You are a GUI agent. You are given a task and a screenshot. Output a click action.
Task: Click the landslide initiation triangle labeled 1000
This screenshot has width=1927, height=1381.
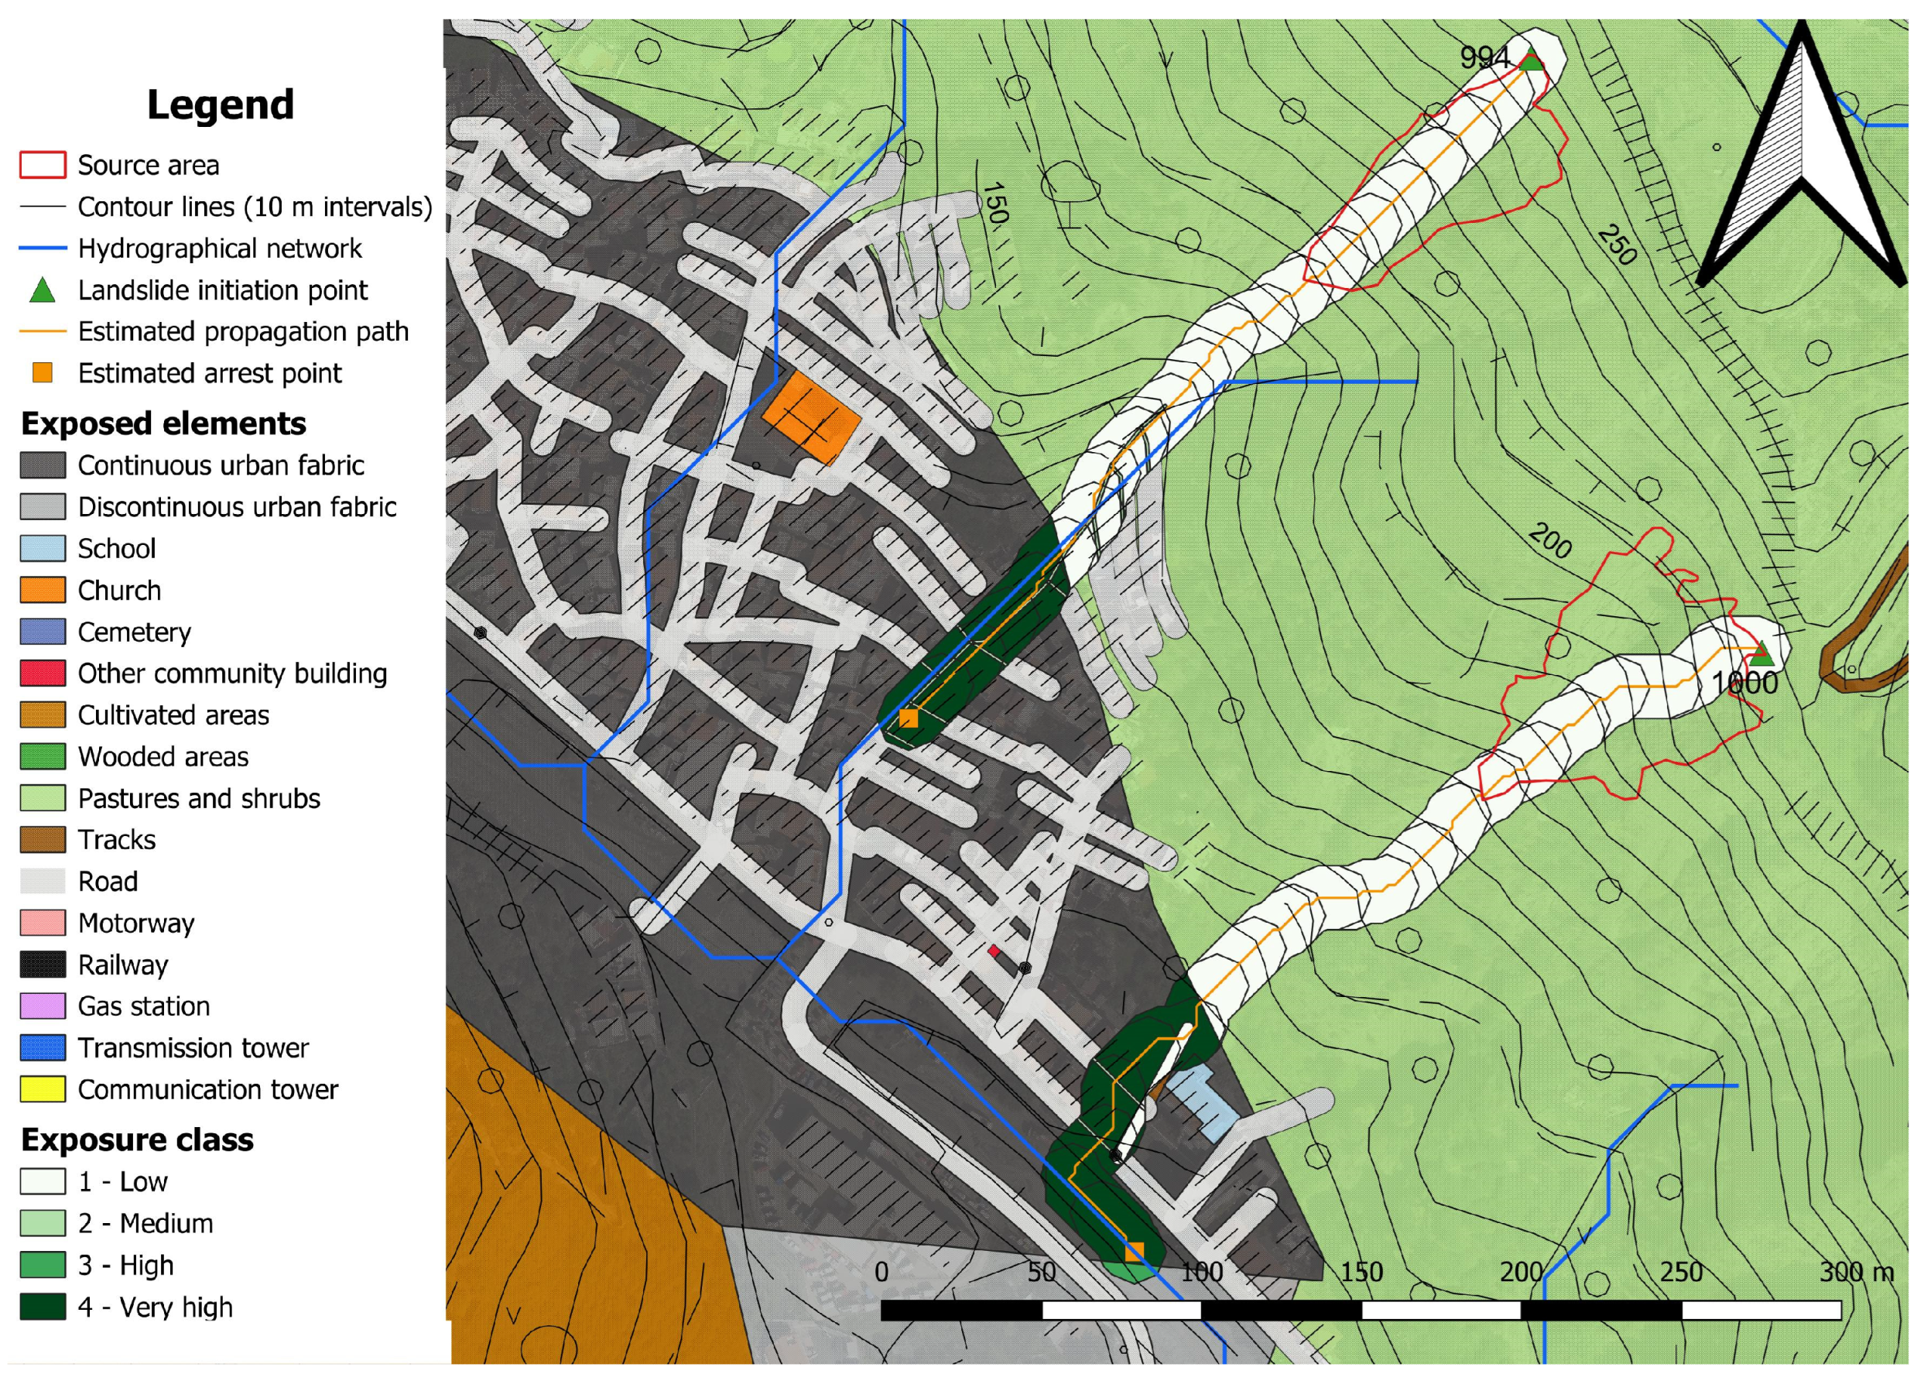tap(1761, 653)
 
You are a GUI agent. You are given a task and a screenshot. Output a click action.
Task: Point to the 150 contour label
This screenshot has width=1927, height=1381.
tap(995, 203)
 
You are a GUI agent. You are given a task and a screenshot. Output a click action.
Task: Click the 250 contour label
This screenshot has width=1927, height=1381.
tap(1616, 245)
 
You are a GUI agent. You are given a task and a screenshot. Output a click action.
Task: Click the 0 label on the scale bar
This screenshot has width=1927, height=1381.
tap(882, 1272)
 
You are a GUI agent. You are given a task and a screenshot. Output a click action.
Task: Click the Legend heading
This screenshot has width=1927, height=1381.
tap(220, 105)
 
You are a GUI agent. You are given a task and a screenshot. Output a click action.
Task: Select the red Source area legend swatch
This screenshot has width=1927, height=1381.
tap(43, 165)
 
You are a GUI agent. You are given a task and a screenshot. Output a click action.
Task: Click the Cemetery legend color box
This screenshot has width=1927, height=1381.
tap(43, 632)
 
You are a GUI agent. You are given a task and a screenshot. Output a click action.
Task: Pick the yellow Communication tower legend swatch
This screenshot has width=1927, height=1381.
tap(43, 1088)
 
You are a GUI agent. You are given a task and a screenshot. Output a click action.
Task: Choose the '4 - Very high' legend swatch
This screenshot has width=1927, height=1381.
tap(43, 1306)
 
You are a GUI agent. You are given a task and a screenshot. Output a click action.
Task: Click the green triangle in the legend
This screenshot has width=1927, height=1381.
tap(43, 290)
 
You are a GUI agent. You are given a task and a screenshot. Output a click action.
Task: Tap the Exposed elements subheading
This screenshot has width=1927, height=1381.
tap(163, 423)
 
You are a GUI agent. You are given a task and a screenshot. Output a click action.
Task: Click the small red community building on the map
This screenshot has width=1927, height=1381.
tap(993, 950)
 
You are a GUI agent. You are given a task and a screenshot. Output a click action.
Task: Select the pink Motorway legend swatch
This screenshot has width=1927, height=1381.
tap(43, 922)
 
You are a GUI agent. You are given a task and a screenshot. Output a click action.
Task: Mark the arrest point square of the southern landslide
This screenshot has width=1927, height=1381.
tap(1135, 1252)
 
